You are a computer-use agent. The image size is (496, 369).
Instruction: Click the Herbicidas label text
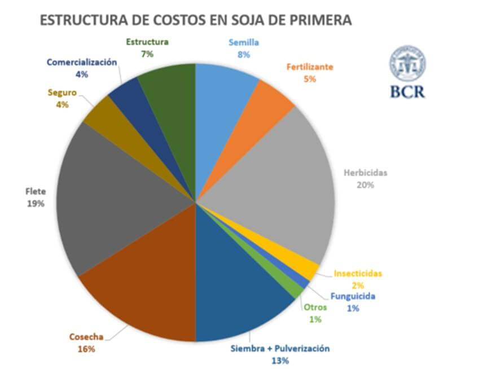[366, 173]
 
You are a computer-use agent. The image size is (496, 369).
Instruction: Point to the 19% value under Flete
[35, 204]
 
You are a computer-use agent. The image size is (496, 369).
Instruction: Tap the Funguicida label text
[353, 296]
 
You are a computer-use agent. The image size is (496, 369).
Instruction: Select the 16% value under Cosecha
[86, 349]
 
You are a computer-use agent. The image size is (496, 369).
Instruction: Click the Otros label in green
[315, 307]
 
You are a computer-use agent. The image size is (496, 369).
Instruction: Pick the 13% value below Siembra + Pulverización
[280, 361]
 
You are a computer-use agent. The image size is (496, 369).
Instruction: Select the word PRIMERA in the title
[321, 20]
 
